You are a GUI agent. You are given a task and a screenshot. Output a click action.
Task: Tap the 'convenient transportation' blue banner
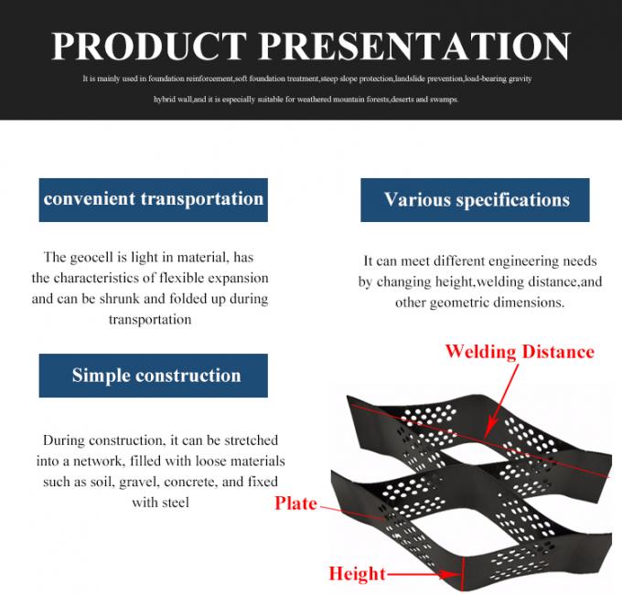click(x=154, y=199)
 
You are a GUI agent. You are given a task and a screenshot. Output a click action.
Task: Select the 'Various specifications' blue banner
click(x=477, y=200)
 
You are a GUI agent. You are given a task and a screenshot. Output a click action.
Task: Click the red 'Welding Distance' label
click(x=520, y=352)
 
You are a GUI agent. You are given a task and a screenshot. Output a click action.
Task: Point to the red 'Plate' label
click(x=295, y=504)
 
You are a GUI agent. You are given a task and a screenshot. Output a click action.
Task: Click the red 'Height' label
click(x=358, y=574)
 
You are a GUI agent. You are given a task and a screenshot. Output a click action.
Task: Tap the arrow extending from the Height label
click(x=421, y=575)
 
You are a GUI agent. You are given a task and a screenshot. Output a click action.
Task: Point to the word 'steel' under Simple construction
click(x=173, y=502)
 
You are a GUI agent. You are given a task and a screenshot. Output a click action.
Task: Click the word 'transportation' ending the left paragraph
click(x=149, y=320)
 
